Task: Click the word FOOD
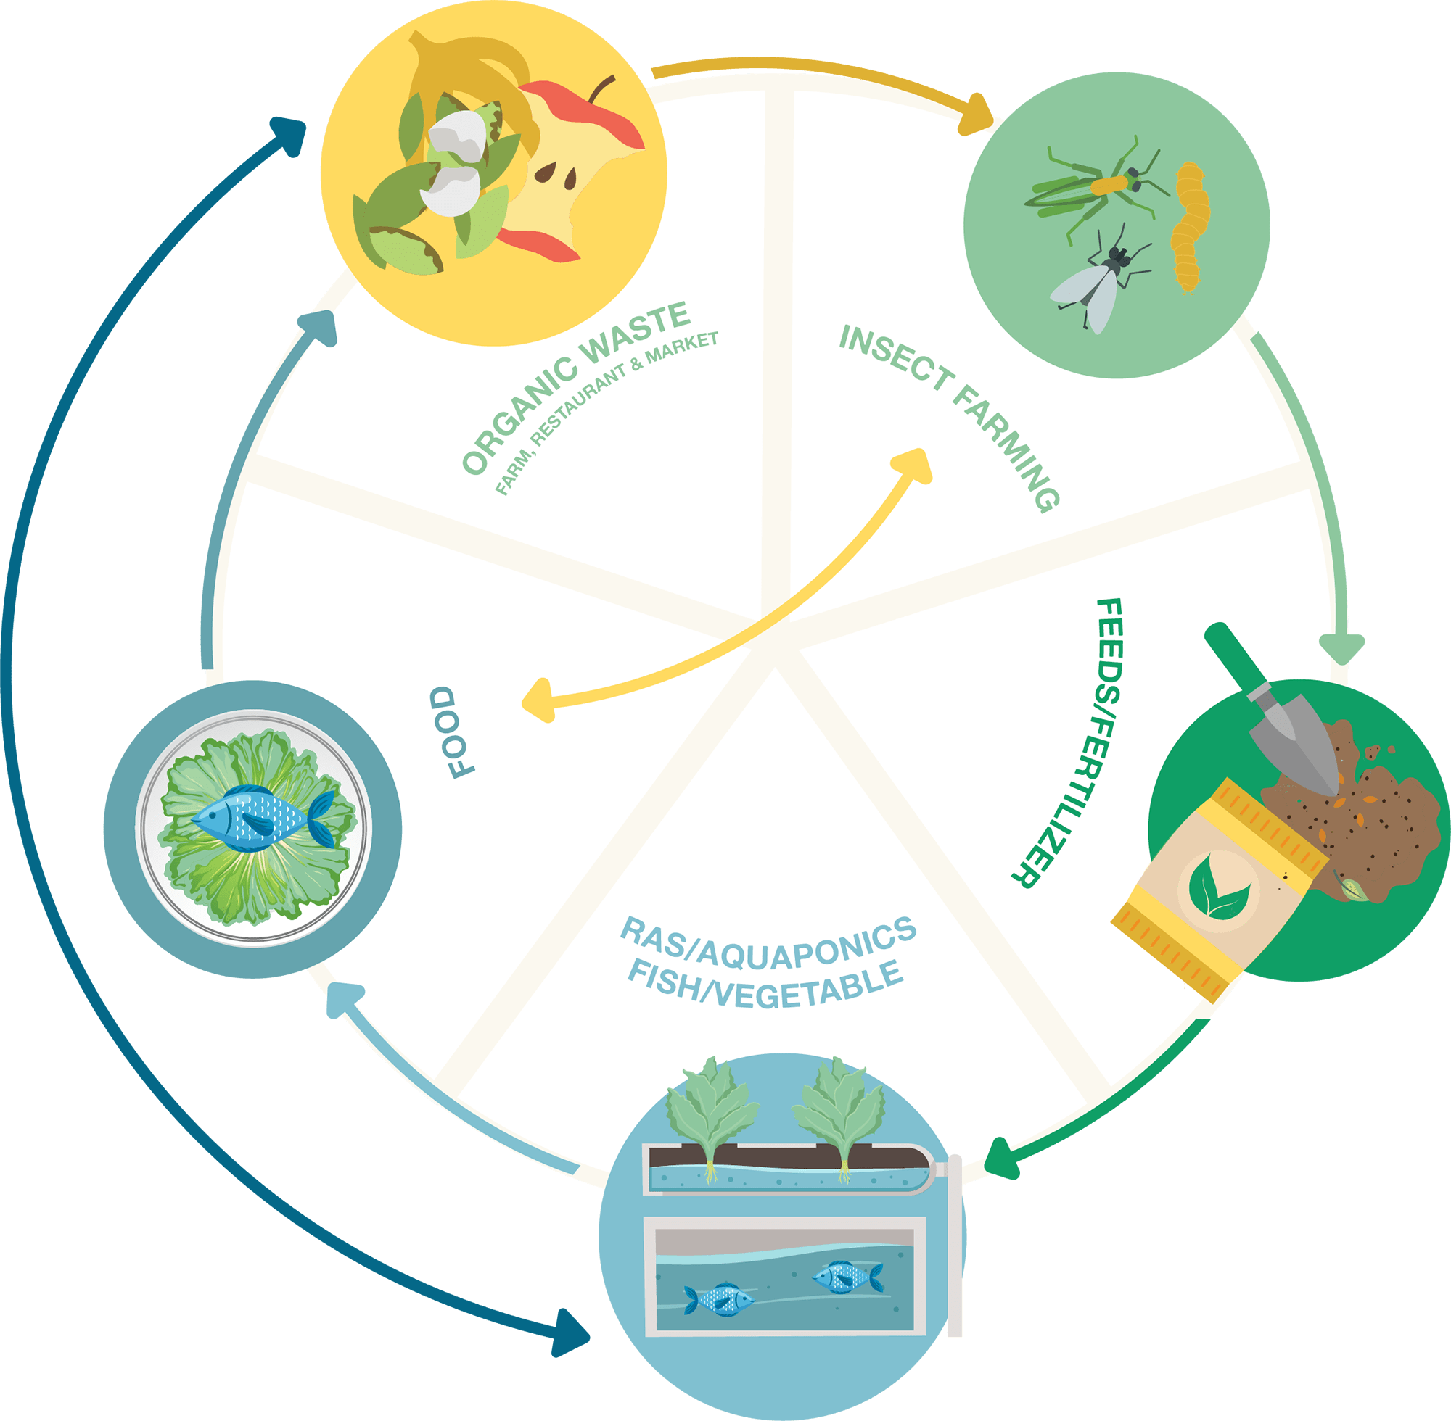pyautogui.click(x=453, y=732)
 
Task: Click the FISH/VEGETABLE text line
pyautogui.click(x=765, y=985)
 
